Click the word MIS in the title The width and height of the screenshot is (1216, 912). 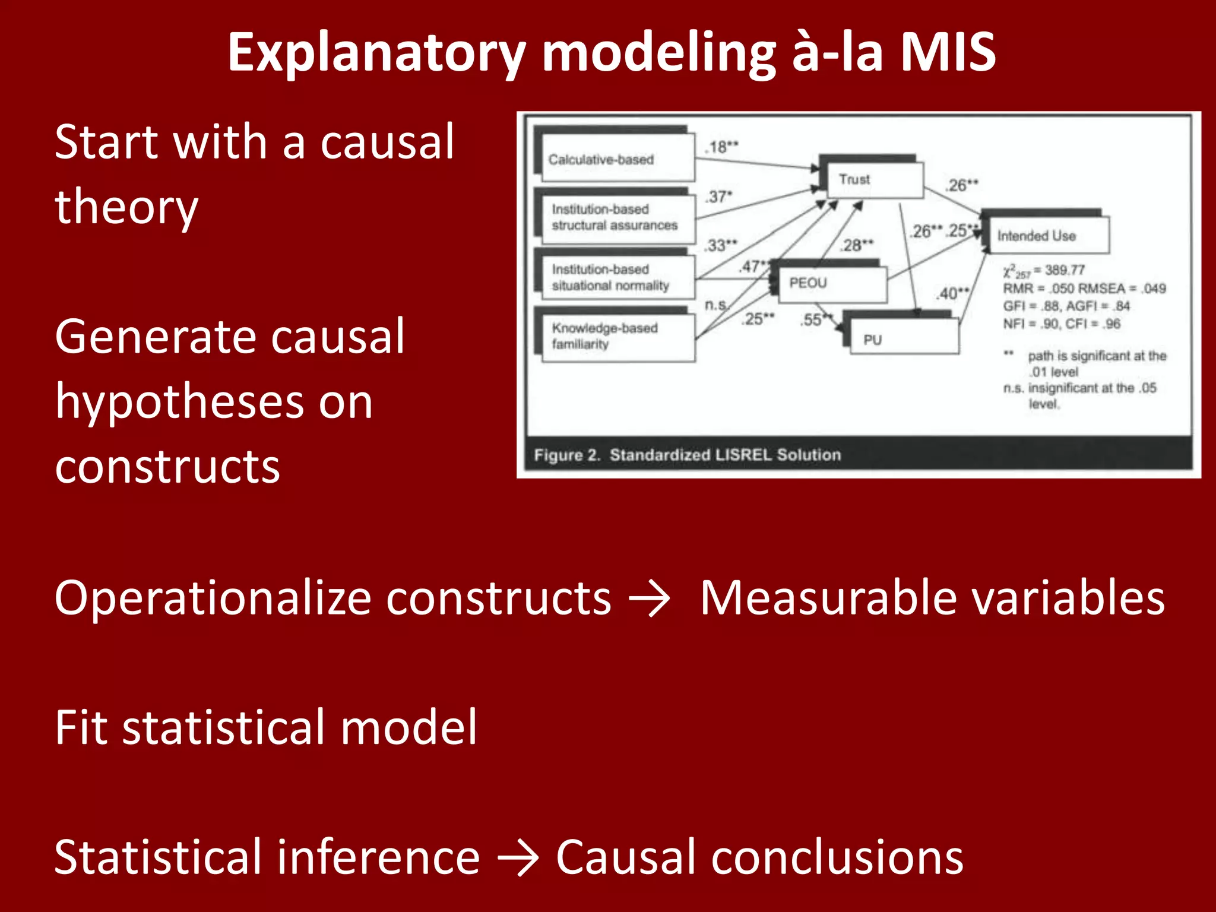click(x=948, y=52)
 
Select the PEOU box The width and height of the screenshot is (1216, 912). click(x=828, y=283)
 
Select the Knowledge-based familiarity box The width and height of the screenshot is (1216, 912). click(x=617, y=336)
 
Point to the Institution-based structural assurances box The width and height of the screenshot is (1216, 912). click(x=617, y=217)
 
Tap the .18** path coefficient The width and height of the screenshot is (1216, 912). click(x=722, y=147)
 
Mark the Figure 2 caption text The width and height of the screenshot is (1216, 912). click(x=687, y=455)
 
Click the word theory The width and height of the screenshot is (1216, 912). click(x=126, y=208)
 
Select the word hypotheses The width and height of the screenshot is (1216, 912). click(x=214, y=403)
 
